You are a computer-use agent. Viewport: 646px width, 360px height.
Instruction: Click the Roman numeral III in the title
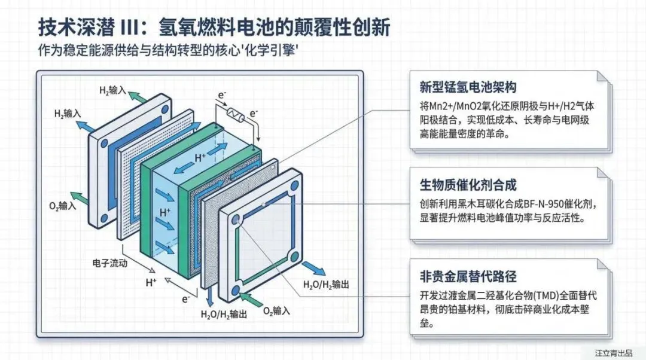tap(133, 26)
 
